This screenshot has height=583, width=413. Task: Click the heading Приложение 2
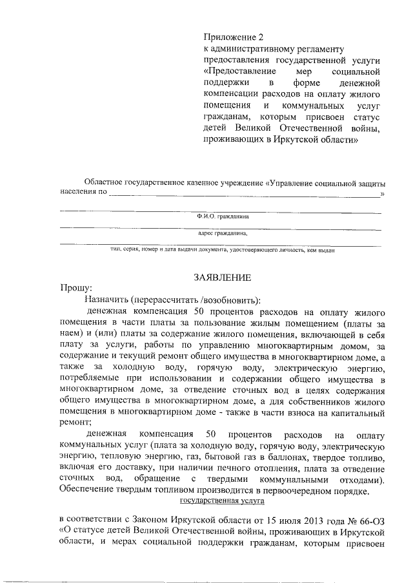(233, 37)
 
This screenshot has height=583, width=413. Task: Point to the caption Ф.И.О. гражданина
(222, 218)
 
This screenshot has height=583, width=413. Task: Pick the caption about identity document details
(222, 250)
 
